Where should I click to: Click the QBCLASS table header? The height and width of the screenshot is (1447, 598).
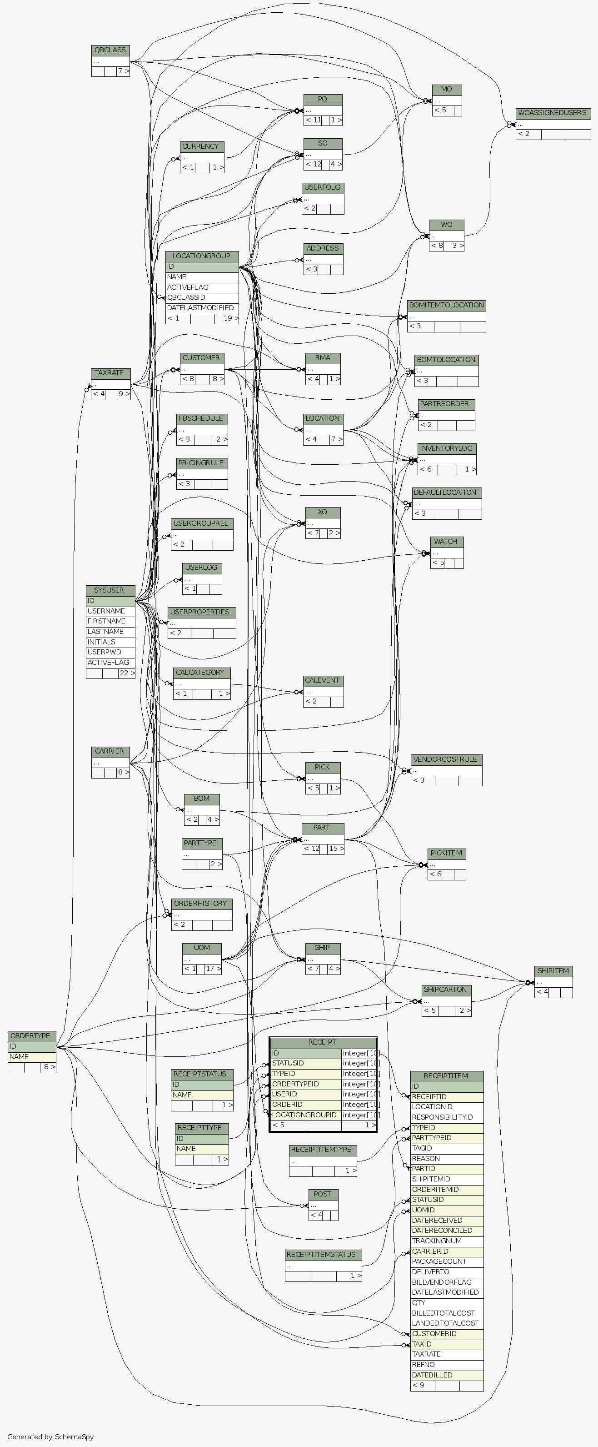(x=110, y=50)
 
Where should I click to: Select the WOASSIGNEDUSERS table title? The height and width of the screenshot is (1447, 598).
(x=553, y=113)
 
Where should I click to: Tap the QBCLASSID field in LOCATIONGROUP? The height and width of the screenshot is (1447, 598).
(x=202, y=297)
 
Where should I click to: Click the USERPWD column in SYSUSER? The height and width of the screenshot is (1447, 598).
(x=110, y=652)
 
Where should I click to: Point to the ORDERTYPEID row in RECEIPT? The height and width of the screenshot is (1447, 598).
(x=305, y=1084)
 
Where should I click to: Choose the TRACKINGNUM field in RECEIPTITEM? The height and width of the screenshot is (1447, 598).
(x=446, y=1241)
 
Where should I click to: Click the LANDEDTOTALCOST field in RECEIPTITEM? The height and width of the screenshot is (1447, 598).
(x=446, y=1323)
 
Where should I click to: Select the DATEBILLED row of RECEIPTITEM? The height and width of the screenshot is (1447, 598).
(x=446, y=1375)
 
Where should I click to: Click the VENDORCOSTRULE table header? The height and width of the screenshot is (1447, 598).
(x=446, y=759)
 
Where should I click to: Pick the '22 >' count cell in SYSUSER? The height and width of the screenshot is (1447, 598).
(x=127, y=673)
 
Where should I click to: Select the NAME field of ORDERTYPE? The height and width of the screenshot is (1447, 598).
(x=31, y=1057)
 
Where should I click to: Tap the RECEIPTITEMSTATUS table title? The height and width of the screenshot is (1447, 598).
(x=323, y=1255)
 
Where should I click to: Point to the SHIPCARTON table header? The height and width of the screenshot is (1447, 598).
(x=446, y=990)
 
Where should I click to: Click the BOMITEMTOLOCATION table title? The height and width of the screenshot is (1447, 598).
(x=446, y=306)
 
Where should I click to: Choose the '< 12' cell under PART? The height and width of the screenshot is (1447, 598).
(x=311, y=849)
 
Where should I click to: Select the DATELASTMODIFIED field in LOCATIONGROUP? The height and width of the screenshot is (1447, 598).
(x=202, y=308)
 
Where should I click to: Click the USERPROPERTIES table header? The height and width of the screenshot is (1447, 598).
(x=201, y=612)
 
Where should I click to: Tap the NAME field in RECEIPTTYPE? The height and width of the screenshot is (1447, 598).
(x=202, y=1149)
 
